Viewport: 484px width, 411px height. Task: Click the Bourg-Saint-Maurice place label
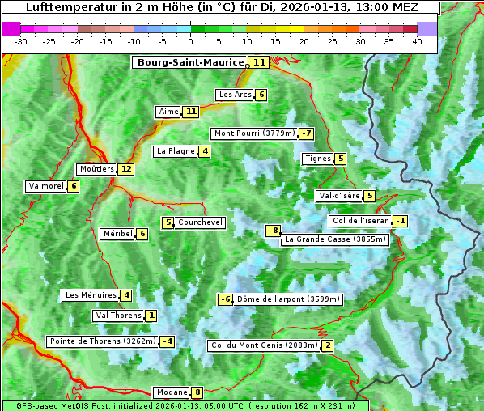[x=190, y=62]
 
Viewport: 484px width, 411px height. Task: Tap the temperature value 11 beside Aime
[x=190, y=112]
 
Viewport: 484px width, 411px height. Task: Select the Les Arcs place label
[x=236, y=95]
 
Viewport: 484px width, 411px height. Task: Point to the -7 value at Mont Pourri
[x=305, y=133]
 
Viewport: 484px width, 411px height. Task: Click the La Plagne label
[x=176, y=151]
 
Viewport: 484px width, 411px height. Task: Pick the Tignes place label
[x=317, y=159]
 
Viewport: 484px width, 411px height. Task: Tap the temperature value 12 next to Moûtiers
[x=125, y=169]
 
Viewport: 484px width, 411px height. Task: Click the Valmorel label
[x=45, y=186]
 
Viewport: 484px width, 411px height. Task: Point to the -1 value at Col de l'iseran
[x=400, y=221]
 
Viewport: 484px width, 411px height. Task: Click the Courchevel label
[x=201, y=222]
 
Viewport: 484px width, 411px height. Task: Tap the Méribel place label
[x=117, y=234]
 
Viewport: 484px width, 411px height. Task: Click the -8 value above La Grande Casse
[x=274, y=231]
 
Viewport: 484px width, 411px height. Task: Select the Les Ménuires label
[x=91, y=295]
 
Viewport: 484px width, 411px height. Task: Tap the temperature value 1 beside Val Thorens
[x=151, y=316]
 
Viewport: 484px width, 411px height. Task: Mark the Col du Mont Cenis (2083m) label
[x=264, y=345]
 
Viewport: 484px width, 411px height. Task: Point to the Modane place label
[x=172, y=392]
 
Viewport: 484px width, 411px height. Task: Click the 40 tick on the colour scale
[x=417, y=41]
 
